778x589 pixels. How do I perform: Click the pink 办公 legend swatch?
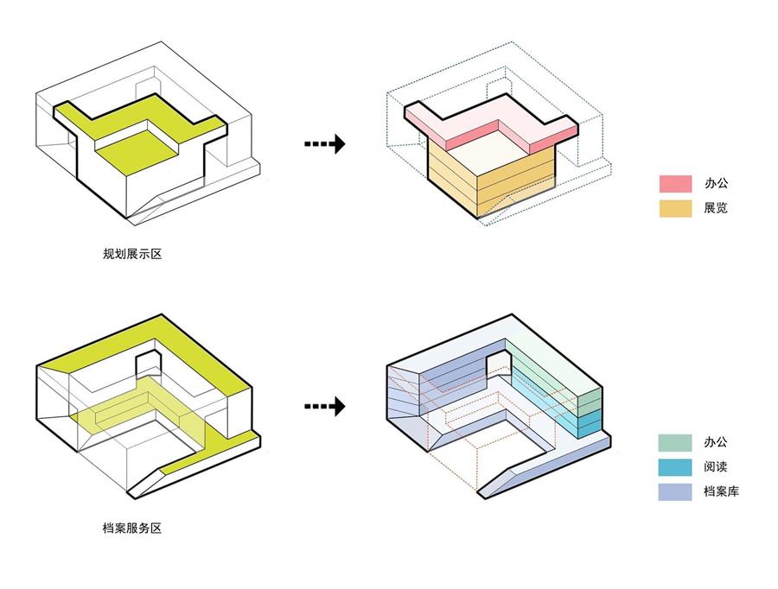(x=675, y=183)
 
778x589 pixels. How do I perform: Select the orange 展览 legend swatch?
(x=675, y=208)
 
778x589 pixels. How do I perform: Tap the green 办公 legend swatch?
(x=675, y=442)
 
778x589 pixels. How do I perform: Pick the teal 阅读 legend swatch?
(x=675, y=467)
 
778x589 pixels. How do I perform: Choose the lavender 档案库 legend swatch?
(x=675, y=491)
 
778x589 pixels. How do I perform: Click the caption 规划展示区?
(x=132, y=254)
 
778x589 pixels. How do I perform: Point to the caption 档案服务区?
(x=132, y=528)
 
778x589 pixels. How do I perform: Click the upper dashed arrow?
(x=324, y=143)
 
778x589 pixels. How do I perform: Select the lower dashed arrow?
(x=324, y=406)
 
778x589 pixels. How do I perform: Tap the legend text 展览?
(x=716, y=208)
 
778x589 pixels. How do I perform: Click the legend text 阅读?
(x=716, y=466)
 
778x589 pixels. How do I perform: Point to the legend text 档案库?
(x=722, y=491)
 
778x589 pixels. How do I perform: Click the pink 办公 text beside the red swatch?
(x=716, y=183)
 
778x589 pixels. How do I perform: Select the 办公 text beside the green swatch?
(x=716, y=442)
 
